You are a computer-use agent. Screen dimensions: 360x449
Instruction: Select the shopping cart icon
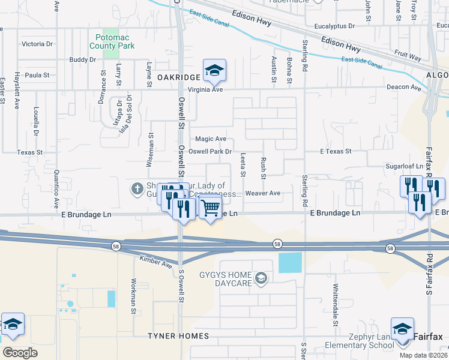[210, 208]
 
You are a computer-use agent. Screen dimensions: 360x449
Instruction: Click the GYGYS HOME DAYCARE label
[226, 278]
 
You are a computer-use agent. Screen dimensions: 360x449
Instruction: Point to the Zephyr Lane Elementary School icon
[402, 329]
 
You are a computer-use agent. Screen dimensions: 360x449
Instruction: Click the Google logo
[20, 352]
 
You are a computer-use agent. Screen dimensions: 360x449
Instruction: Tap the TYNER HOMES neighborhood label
[178, 336]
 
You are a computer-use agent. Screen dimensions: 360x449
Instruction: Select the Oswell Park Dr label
[210, 152]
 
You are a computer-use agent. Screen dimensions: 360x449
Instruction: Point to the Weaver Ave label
[262, 193]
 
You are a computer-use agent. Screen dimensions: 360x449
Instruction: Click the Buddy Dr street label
[83, 59]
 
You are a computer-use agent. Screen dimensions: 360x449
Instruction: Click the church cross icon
[137, 190]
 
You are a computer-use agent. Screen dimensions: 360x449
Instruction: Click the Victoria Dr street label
[37, 44]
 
